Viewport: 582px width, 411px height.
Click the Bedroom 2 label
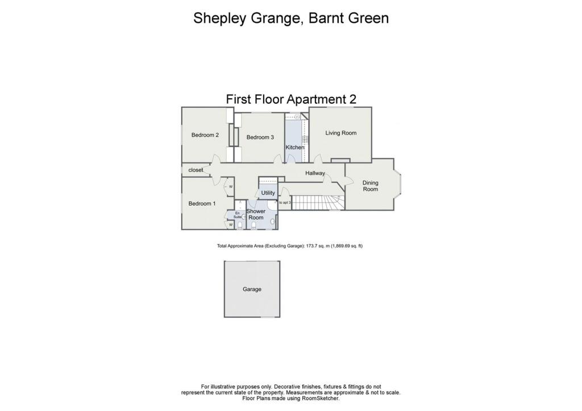(x=205, y=135)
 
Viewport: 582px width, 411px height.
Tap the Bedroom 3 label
(x=260, y=137)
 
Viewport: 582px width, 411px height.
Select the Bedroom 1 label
(x=202, y=204)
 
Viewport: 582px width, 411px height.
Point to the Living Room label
(x=340, y=133)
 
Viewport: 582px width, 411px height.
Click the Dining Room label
(x=370, y=186)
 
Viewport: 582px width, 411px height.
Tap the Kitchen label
(x=295, y=148)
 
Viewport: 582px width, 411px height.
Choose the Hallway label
(x=315, y=173)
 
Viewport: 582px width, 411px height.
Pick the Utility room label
(x=268, y=193)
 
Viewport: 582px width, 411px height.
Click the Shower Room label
(x=256, y=215)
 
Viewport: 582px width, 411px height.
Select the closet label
(x=196, y=170)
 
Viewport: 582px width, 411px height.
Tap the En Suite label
(x=237, y=215)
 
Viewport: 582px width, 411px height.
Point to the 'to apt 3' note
(x=285, y=202)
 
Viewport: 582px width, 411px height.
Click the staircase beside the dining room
(x=318, y=202)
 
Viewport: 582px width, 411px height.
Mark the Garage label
(x=252, y=290)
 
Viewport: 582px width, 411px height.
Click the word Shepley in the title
(x=218, y=18)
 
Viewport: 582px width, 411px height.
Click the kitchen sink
(x=296, y=116)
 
